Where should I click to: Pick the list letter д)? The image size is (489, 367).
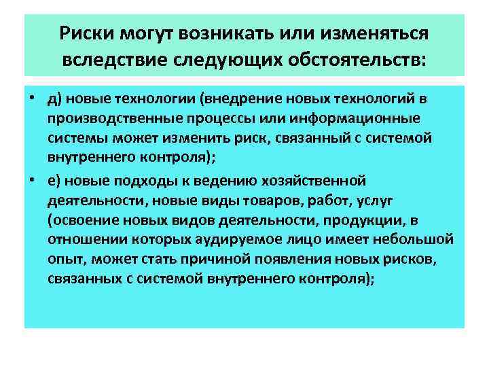pyautogui.click(x=55, y=100)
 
